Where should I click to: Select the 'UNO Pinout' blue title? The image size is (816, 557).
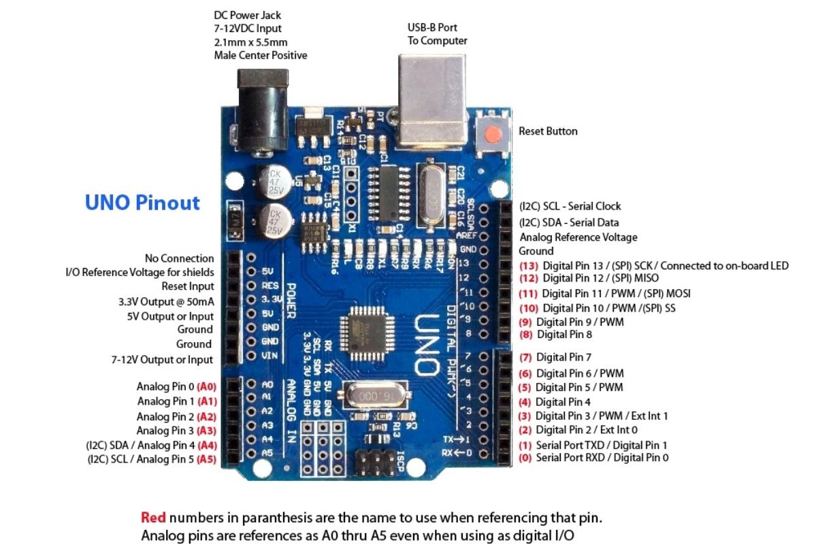pyautogui.click(x=142, y=203)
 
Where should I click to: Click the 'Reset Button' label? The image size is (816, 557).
pyautogui.click(x=548, y=131)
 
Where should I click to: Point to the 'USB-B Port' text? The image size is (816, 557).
pyautogui.click(x=432, y=28)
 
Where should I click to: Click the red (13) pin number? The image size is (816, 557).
pyautogui.click(x=529, y=266)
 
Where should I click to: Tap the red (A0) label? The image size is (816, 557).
pyautogui.click(x=207, y=386)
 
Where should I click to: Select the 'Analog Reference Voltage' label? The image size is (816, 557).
pyautogui.click(x=578, y=237)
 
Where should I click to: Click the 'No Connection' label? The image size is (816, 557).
pyautogui.click(x=179, y=258)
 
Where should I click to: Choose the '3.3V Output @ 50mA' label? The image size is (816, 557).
pyautogui.click(x=166, y=301)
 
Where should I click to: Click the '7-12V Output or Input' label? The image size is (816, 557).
pyautogui.click(x=162, y=360)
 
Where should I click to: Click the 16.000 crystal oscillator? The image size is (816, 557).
pyautogui.click(x=372, y=396)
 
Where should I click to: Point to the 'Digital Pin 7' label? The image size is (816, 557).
pyautogui.click(x=564, y=357)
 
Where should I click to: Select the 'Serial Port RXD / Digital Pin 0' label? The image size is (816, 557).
pyautogui.click(x=602, y=458)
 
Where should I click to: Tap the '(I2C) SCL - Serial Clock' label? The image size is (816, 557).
pyautogui.click(x=570, y=206)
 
